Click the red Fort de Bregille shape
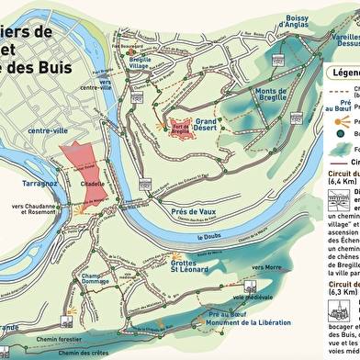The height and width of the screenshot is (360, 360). (177, 126)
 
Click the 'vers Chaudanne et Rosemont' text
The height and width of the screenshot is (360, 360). (33, 210)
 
